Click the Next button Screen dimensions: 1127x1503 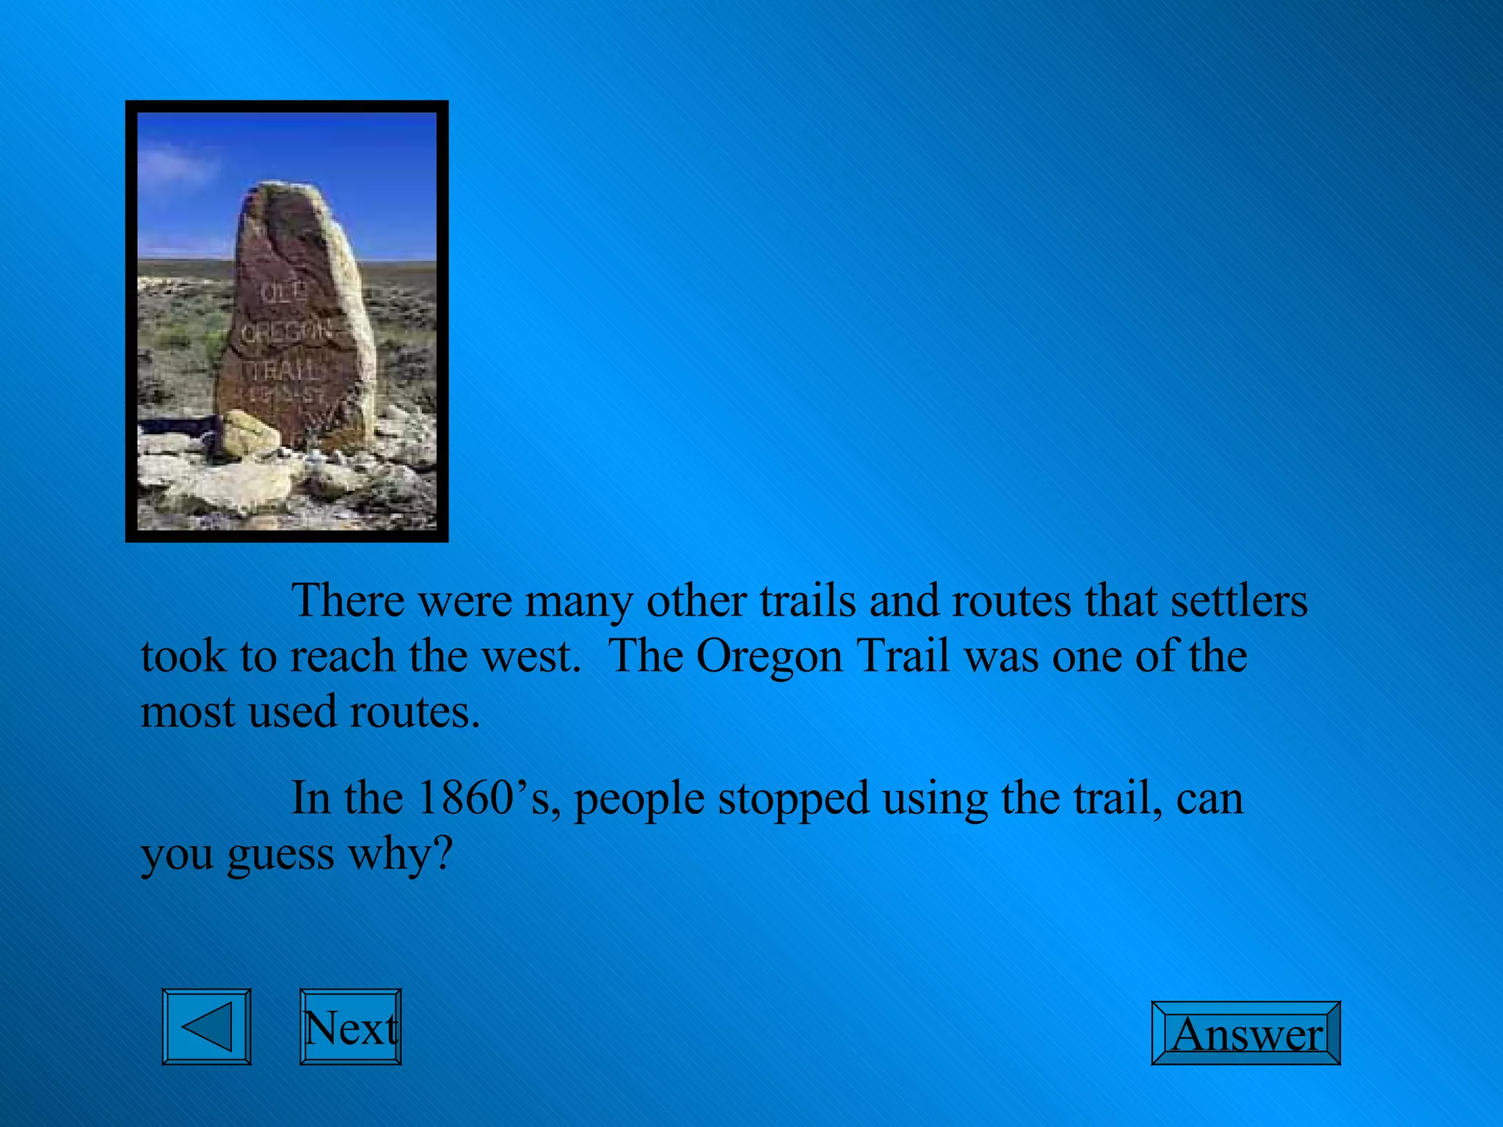click(350, 1026)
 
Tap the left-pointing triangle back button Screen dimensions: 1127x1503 click(206, 1026)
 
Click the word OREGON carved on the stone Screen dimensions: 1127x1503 click(286, 333)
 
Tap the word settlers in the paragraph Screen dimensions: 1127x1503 click(1238, 601)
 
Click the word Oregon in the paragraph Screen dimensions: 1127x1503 click(768, 656)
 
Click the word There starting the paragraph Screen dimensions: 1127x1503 click(348, 601)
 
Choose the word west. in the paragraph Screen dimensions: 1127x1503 click(531, 656)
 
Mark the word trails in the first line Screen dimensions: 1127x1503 click(807, 601)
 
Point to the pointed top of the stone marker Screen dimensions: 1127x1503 click(283, 187)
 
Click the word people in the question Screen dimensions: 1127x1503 click(638, 799)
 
